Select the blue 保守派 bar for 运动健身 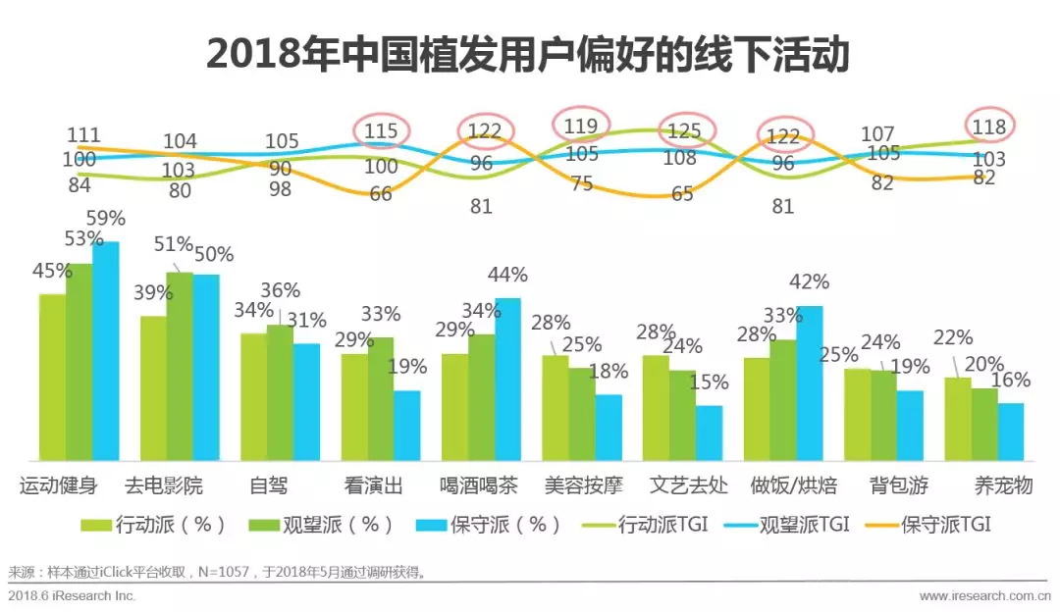[105, 351]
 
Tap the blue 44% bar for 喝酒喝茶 [507, 380]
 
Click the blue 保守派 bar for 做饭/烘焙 [809, 383]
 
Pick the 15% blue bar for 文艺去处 [709, 433]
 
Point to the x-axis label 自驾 [268, 485]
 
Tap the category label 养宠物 [1003, 485]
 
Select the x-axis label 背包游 [898, 485]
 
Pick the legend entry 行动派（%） [156, 525]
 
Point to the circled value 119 [581, 126]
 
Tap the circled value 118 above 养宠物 [989, 127]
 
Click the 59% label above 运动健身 [106, 219]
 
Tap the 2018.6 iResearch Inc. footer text [72, 595]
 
